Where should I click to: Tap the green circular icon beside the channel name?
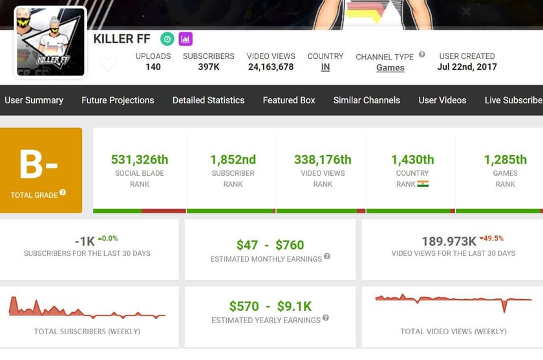pos(167,39)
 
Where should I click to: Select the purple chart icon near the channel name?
pos(186,39)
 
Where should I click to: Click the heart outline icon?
pos(109,64)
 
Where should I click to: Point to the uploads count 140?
pos(153,67)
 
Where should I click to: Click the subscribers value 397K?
pos(208,67)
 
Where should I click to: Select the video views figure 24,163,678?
pos(271,67)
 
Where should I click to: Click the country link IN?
pos(325,67)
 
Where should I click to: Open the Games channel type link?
pos(390,68)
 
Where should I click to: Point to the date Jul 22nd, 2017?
pos(467,67)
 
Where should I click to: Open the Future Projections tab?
pos(118,100)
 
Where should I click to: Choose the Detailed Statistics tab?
pos(208,100)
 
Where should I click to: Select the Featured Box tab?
pos(289,100)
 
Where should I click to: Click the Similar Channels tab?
pos(367,100)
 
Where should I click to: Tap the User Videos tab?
pos(442,100)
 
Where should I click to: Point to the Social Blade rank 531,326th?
pos(140,160)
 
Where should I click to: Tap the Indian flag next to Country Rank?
pos(423,184)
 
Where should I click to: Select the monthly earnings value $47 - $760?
pos(270,245)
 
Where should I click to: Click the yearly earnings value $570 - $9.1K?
pos(270,306)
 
